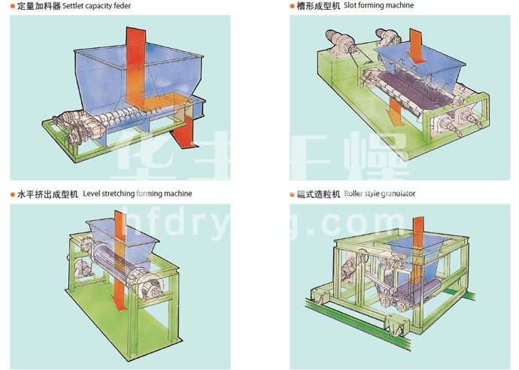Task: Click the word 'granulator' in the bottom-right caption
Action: pos(399,193)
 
